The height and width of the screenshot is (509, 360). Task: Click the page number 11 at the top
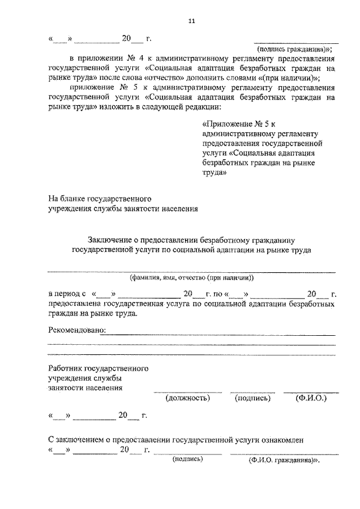pyautogui.click(x=191, y=21)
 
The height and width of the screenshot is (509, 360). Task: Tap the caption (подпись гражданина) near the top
pyautogui.click(x=296, y=49)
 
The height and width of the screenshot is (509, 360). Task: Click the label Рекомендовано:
pyautogui.click(x=78, y=330)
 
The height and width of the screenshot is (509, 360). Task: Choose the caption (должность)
pyautogui.click(x=187, y=398)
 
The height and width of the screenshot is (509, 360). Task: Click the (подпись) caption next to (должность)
pyautogui.click(x=252, y=398)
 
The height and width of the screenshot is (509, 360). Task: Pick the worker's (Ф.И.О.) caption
pyautogui.click(x=310, y=398)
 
